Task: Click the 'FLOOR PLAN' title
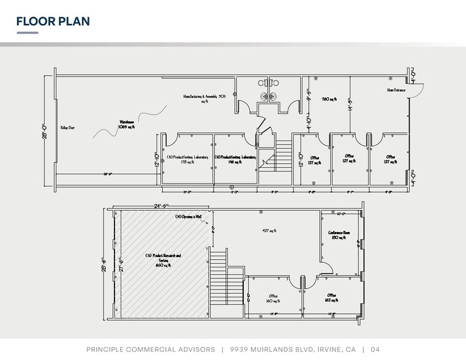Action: (x=53, y=21)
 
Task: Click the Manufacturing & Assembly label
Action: (x=205, y=98)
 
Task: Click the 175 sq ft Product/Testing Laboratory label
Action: (x=188, y=160)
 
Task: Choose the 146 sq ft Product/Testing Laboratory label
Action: (x=235, y=160)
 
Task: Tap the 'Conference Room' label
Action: (x=339, y=234)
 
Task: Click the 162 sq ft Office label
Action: (x=333, y=298)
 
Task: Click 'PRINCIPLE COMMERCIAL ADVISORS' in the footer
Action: (x=150, y=349)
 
